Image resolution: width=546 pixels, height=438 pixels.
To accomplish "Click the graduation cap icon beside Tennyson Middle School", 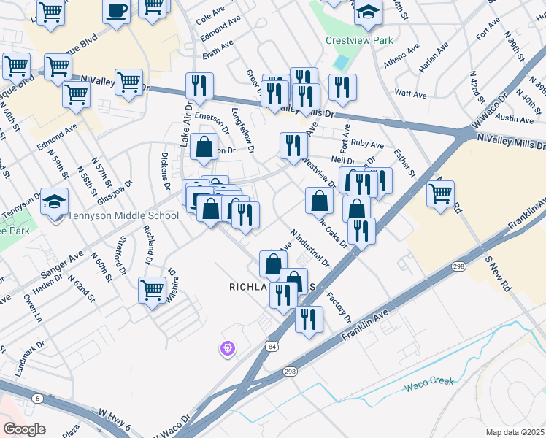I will (53, 202).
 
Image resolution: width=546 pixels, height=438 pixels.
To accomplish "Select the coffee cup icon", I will (117, 11).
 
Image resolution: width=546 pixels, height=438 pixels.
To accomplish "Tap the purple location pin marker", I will (227, 349).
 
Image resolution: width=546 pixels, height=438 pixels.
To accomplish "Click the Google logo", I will (24, 429).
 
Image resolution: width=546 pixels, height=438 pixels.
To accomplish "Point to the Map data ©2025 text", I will (515, 432).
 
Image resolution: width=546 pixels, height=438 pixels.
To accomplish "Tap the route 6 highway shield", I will (36, 397).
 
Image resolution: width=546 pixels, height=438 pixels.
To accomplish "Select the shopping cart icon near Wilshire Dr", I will (152, 290).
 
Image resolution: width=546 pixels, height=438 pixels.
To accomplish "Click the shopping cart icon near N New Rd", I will (440, 194).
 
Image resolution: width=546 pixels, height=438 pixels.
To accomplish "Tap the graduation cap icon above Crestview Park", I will (369, 12).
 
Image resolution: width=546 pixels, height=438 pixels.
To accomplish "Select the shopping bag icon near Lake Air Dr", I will (204, 147).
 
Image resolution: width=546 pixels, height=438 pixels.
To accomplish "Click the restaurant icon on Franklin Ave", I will (309, 318).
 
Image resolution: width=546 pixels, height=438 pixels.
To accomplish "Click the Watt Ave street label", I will (410, 94).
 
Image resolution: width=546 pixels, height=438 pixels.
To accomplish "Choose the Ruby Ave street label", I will (367, 145).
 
